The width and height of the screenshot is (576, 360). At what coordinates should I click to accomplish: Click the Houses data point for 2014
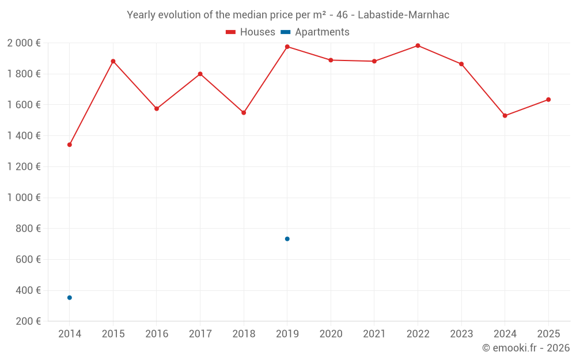[70, 145]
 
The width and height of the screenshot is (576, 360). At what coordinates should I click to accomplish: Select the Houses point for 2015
[113, 61]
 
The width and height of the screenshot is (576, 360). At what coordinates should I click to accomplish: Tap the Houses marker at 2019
[287, 47]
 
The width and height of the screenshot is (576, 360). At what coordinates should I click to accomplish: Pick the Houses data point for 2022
[418, 46]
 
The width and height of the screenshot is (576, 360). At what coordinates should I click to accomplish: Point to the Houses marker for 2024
[505, 116]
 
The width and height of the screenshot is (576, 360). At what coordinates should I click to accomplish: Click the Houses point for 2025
[548, 100]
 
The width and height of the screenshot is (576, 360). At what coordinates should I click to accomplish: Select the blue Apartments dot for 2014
[70, 298]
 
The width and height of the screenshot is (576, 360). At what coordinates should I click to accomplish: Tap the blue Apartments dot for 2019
[287, 239]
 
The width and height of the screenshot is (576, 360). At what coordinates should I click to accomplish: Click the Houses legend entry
[251, 32]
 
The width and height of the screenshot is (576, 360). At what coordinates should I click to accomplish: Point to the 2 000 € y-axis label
[24, 43]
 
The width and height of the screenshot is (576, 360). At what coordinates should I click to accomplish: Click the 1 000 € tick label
[24, 198]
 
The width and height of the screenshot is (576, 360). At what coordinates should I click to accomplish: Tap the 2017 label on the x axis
[200, 334]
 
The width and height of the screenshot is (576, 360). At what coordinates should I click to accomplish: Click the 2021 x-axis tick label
[374, 334]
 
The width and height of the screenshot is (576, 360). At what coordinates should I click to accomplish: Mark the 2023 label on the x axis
[461, 334]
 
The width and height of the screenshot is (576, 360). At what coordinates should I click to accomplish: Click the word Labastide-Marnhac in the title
[403, 15]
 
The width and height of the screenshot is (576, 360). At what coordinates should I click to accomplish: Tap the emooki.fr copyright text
[526, 348]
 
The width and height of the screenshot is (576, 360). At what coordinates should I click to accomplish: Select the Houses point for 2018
[244, 113]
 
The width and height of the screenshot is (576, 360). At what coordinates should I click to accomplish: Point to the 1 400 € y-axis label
[24, 136]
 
